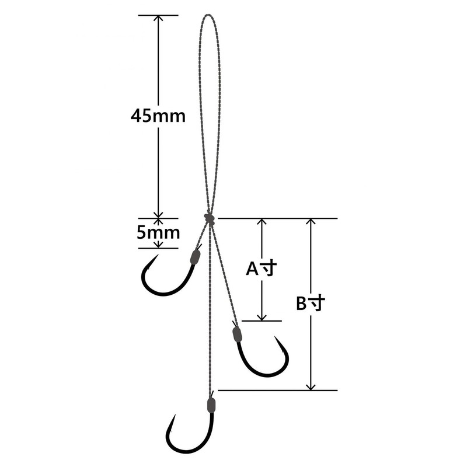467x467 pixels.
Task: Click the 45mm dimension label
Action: pos(158,116)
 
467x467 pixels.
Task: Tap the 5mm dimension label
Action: pos(158,233)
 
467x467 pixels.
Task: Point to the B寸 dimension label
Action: pos(310,304)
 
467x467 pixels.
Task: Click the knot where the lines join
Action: pos(210,218)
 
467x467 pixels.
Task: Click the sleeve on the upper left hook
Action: pos(196,256)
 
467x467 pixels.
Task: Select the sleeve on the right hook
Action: pos(237,334)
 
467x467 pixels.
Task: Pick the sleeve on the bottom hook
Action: pos(211,404)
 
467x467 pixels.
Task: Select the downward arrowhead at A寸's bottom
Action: pos(262,316)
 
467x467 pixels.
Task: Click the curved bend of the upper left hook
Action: pos(163,292)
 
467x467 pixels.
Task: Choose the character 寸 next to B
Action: pos(316,304)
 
